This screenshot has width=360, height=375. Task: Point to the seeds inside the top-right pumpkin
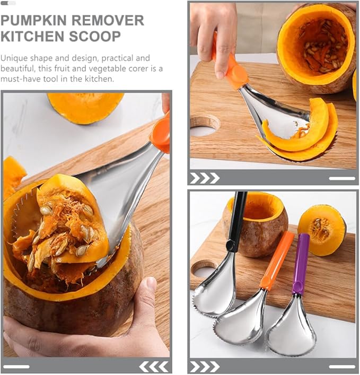(321, 45)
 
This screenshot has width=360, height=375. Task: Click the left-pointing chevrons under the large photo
(153, 366)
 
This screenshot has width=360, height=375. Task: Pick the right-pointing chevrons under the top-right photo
(205, 178)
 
